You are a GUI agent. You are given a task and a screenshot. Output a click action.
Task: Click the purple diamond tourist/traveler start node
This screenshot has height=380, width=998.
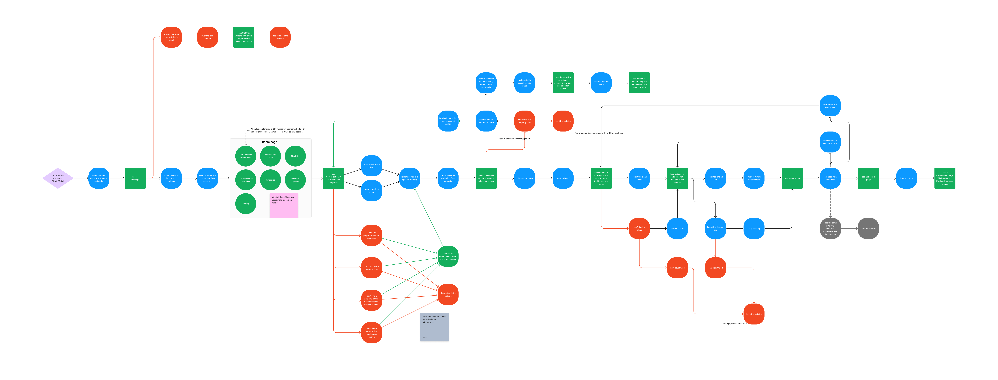tap(58, 178)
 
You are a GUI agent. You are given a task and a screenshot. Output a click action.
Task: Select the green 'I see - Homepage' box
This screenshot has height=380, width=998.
tap(135, 178)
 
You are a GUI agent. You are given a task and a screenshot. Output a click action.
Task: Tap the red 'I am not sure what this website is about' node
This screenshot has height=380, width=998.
tap(171, 37)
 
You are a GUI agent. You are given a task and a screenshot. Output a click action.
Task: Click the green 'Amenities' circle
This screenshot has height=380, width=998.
tap(270, 180)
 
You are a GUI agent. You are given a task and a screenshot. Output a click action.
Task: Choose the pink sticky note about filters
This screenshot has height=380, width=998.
tap(284, 205)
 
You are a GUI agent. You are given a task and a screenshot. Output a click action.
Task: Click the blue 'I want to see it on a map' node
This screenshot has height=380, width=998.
tap(372, 191)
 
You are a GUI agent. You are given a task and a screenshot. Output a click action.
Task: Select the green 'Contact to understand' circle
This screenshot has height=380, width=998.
tap(448, 256)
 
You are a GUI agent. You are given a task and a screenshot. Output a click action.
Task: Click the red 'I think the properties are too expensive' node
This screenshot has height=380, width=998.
tap(372, 236)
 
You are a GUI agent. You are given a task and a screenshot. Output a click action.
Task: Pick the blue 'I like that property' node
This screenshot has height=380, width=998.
tap(525, 178)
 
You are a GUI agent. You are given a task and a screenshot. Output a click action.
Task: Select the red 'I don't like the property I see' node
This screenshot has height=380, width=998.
tap(525, 121)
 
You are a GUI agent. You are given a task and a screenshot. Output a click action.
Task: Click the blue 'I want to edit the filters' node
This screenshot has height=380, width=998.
tap(601, 83)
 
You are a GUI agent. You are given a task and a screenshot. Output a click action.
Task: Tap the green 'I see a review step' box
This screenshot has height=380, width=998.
tap(792, 178)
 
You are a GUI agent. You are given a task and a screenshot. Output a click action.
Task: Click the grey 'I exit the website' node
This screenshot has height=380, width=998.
tap(868, 229)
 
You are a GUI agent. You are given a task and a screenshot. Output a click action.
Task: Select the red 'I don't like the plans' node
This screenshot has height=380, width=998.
tap(639, 229)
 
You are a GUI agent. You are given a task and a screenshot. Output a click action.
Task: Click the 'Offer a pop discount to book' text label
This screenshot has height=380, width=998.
tap(734, 323)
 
